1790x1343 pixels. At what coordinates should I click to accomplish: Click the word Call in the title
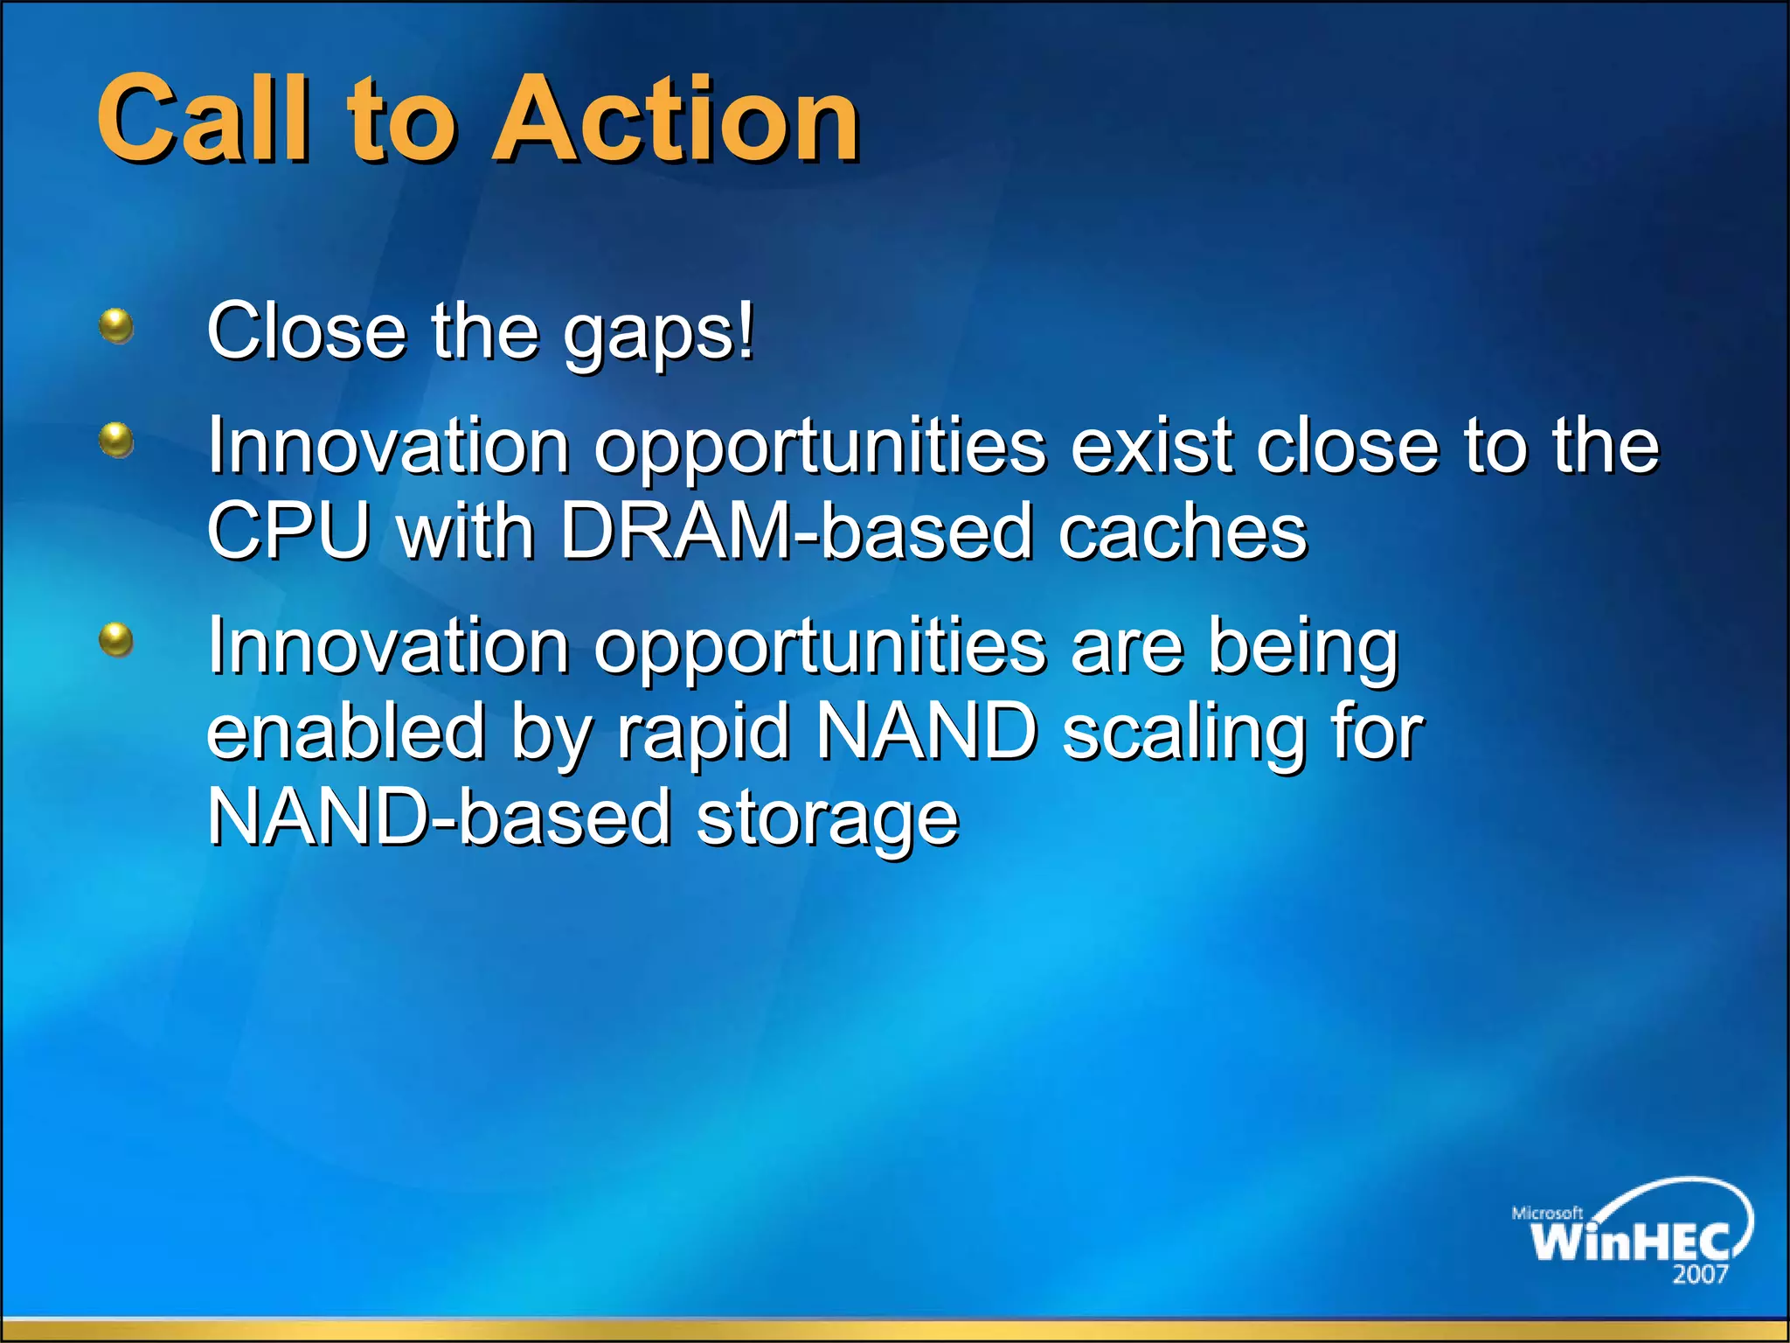[x=203, y=120]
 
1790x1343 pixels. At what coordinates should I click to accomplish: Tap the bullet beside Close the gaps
[x=116, y=327]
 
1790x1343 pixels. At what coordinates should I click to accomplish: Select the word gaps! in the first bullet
[x=657, y=334]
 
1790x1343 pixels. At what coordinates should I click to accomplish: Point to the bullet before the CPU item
[x=116, y=440]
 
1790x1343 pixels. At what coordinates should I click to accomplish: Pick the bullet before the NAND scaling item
[x=116, y=639]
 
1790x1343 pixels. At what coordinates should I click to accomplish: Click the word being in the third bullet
[x=1303, y=649]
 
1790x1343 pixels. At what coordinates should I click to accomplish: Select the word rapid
[x=704, y=734]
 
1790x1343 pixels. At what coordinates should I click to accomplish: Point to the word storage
[x=827, y=822]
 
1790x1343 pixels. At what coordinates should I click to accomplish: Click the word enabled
[x=345, y=733]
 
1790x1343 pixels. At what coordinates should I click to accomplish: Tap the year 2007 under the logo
[x=1700, y=1275]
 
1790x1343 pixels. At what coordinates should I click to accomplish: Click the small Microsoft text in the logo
[x=1546, y=1213]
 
